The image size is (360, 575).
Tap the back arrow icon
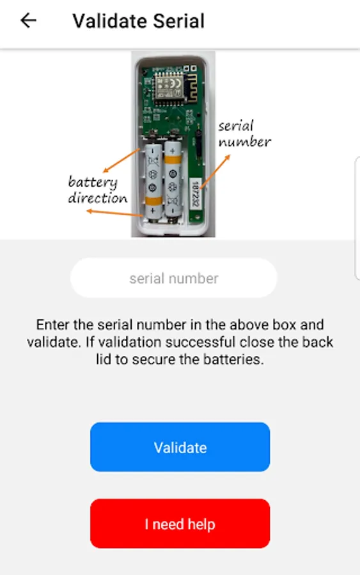[28, 20]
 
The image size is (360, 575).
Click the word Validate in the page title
[110, 21]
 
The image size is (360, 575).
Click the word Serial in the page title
[178, 21]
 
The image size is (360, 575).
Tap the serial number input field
[173, 278]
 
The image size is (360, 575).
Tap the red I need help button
[180, 524]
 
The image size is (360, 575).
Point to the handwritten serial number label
[244, 134]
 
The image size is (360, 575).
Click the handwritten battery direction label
[98, 190]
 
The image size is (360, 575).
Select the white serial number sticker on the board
[196, 193]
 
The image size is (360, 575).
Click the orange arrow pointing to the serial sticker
[215, 171]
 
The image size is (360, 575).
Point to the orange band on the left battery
[153, 201]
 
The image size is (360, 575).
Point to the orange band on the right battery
[173, 160]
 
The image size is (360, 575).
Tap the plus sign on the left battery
[153, 211]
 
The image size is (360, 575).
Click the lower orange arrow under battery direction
[114, 213]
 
